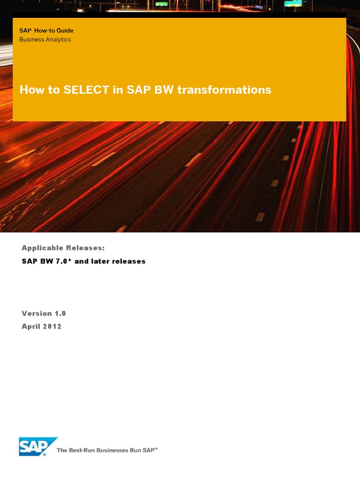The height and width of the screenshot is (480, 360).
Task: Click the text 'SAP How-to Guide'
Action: [46, 30]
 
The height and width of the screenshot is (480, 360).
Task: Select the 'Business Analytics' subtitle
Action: [45, 39]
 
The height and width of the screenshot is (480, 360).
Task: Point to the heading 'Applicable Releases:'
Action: [63, 247]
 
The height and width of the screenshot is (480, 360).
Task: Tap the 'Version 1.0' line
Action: [44, 313]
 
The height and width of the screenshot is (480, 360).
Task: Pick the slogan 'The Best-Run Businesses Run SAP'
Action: [107, 450]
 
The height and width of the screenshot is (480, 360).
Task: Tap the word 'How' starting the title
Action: [30, 90]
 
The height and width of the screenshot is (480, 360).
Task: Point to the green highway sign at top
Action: [162, 3]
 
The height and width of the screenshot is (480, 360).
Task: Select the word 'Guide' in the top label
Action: [65, 30]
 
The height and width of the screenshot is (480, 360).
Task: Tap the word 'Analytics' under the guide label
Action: [58, 39]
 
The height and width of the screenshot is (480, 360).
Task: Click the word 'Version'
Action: [37, 313]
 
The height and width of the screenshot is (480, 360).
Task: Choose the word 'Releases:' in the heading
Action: [88, 247]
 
